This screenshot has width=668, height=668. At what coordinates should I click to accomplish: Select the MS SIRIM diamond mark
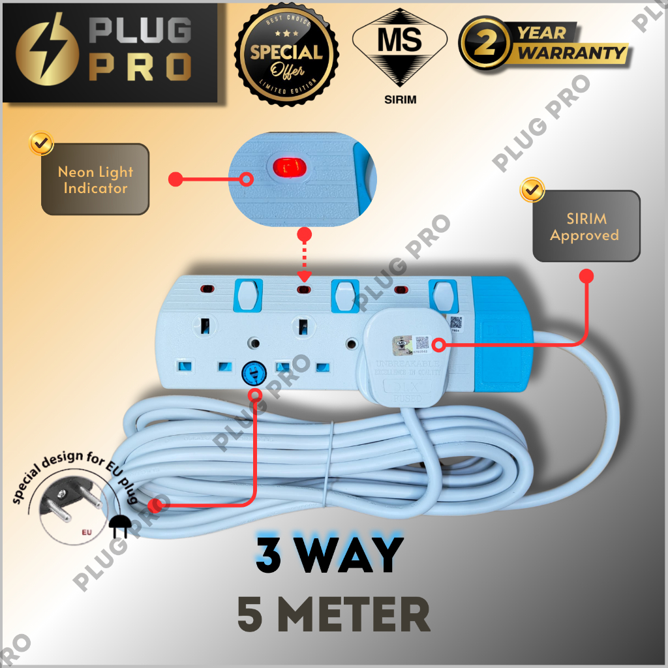click(x=400, y=49)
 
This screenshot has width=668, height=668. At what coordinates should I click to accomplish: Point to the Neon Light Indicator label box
click(x=95, y=179)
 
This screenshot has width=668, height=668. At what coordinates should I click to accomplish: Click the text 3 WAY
click(x=329, y=555)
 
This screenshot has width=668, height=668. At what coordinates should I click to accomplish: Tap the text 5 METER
click(x=333, y=615)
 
